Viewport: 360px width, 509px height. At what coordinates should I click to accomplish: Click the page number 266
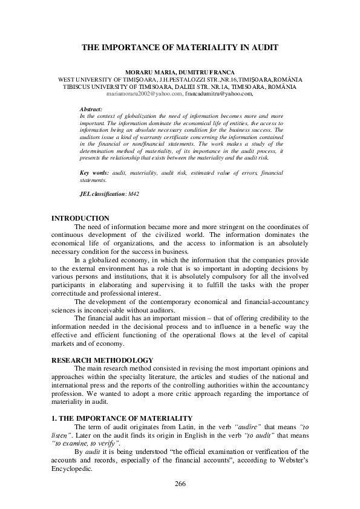(x=180, y=484)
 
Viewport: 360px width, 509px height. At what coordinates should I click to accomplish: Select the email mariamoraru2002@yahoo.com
(x=144, y=94)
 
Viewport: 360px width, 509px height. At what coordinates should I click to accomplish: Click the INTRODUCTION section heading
(x=80, y=218)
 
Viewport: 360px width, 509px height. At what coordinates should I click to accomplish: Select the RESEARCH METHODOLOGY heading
(x=97, y=360)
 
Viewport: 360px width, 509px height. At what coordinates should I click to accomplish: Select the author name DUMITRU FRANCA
(x=210, y=72)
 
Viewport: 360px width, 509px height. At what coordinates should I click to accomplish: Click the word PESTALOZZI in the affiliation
(x=180, y=79)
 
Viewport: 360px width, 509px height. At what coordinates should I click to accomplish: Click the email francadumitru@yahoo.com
(x=218, y=94)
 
